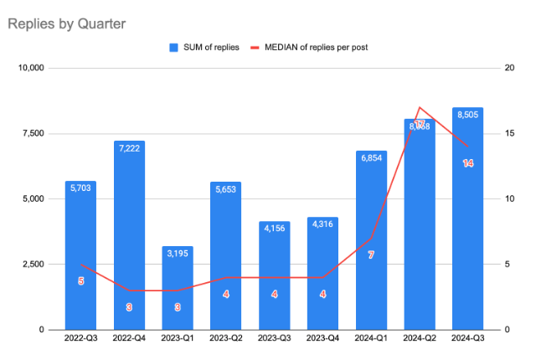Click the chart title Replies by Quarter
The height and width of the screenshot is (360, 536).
point(66,23)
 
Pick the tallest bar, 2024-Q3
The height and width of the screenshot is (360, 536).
point(467,219)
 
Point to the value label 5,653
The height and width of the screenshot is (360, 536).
point(226,188)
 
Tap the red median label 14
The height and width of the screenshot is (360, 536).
point(468,163)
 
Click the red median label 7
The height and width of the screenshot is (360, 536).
point(371,255)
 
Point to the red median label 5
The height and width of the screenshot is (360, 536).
point(80,281)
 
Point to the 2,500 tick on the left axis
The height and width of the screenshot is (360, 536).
point(34,265)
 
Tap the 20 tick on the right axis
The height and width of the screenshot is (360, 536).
point(508,68)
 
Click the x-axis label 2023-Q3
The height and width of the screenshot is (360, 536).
point(274,339)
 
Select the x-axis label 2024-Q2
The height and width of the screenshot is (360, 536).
point(419,339)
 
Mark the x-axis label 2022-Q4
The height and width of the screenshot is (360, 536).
point(129,339)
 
